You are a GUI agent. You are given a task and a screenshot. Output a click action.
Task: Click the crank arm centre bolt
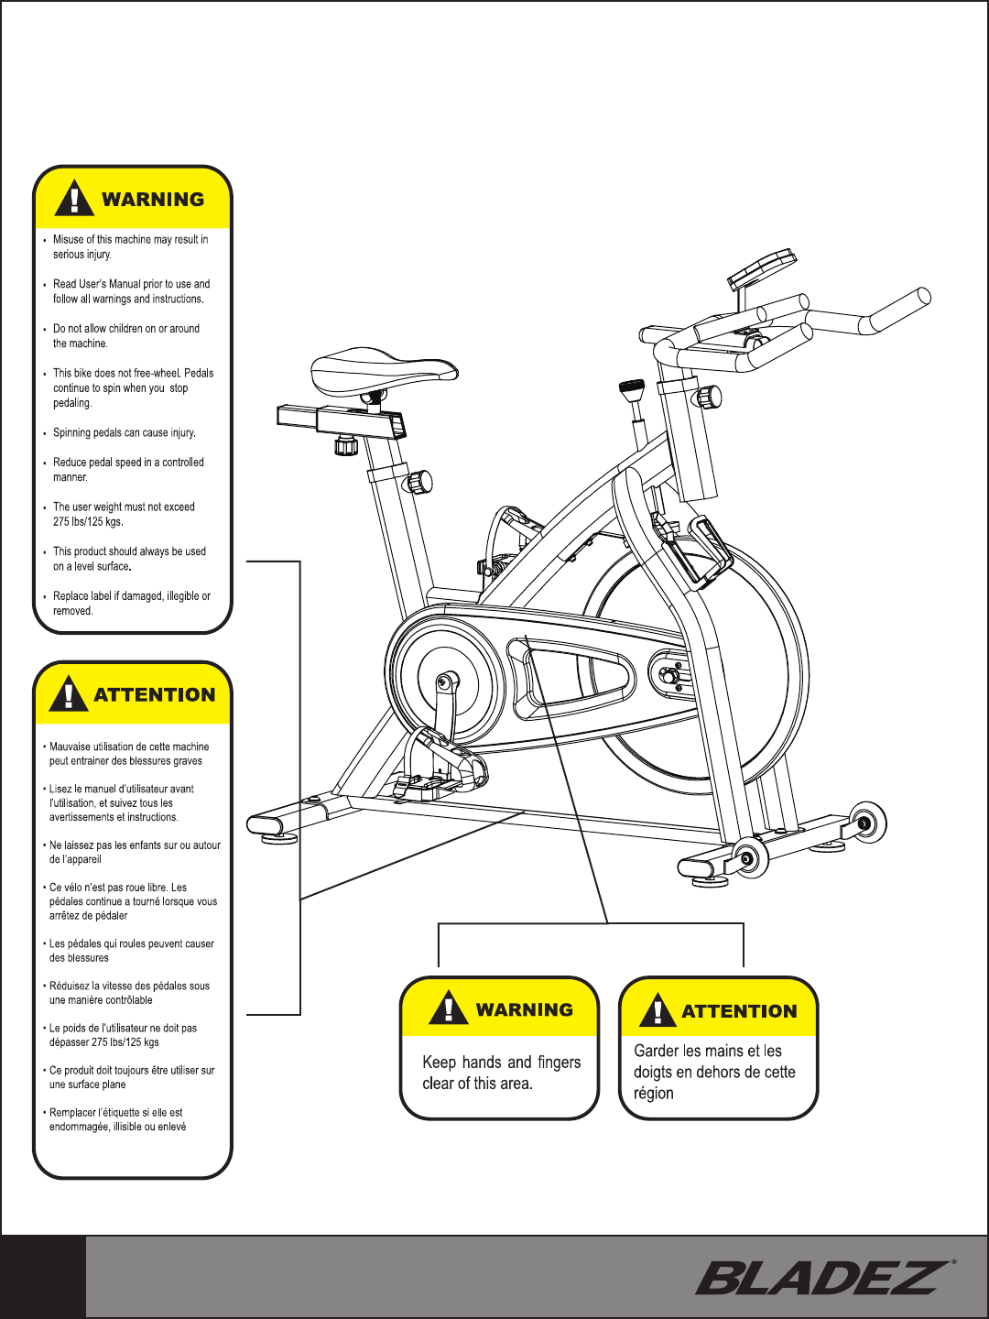(x=446, y=681)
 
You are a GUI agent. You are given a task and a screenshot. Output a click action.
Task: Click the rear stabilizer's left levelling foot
(x=278, y=834)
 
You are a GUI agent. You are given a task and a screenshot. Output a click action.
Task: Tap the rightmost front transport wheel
(x=866, y=822)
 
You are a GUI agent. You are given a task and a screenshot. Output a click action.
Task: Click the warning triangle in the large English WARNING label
(x=74, y=197)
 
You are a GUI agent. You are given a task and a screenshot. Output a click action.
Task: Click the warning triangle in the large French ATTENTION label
(x=69, y=693)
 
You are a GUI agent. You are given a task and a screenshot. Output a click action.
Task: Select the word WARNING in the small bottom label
(x=524, y=1009)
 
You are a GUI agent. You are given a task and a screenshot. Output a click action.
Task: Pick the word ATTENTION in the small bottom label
(x=739, y=1011)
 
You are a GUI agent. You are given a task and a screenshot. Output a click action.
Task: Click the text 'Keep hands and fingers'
(x=501, y=1062)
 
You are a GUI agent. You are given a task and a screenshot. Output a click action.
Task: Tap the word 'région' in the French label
(x=653, y=1093)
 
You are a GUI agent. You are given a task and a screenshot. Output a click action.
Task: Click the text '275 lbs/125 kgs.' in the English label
(x=88, y=521)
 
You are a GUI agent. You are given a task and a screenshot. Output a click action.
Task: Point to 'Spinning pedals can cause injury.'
(x=124, y=432)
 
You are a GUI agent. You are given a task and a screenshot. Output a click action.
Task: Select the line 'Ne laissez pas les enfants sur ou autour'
(x=135, y=845)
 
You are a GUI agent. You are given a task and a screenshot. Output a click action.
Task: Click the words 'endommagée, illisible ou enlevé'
(x=117, y=1127)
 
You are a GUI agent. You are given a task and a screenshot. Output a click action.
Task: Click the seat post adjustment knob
(x=419, y=480)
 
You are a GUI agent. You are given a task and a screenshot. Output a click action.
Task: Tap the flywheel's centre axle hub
(x=669, y=676)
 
